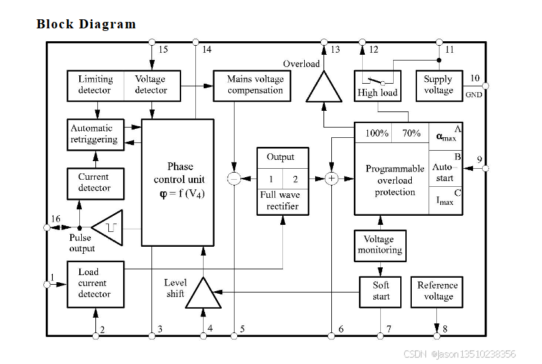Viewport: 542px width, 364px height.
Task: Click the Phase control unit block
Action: click(178, 182)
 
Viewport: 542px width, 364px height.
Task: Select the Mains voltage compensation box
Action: click(252, 86)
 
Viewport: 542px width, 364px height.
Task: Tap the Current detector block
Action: click(95, 184)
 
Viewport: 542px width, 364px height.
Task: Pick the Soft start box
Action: click(380, 292)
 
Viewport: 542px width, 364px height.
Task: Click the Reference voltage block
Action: click(437, 292)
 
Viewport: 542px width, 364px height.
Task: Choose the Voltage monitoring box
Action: click(380, 245)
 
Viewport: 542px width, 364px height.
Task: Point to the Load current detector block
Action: click(95, 284)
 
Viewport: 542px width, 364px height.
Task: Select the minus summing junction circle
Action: click(234, 178)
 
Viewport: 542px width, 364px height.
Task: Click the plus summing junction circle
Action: click(331, 178)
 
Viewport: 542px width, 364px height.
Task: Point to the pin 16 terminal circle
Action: click(46, 227)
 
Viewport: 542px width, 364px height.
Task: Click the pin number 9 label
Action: click(479, 159)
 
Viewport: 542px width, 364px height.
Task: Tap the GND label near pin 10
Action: click(474, 95)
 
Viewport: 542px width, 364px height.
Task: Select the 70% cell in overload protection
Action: click(411, 133)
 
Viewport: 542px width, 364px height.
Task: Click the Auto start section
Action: click(445, 172)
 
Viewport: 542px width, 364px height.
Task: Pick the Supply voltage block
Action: click(439, 86)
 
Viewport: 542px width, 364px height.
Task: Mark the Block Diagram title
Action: click(86, 24)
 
